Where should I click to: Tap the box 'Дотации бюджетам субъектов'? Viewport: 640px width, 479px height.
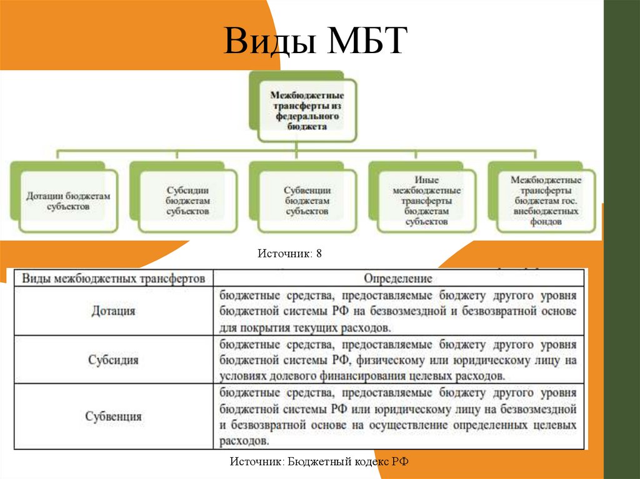pyautogui.click(x=68, y=200)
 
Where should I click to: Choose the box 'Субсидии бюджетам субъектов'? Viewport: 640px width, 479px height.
pyautogui.click(x=187, y=200)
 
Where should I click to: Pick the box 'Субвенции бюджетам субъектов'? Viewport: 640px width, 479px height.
pyautogui.click(x=307, y=200)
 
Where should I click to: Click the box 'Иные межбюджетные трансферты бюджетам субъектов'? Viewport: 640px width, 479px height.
pyautogui.click(x=426, y=200)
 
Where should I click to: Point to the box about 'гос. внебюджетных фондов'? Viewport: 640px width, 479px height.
pyautogui.click(x=546, y=200)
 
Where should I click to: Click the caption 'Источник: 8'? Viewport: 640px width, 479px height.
pyautogui.click(x=289, y=254)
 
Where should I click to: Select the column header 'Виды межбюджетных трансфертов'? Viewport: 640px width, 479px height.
pyautogui.click(x=113, y=278)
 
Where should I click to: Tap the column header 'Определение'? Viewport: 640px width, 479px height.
pyautogui.click(x=397, y=278)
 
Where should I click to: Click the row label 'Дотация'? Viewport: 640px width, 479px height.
pyautogui.click(x=113, y=310)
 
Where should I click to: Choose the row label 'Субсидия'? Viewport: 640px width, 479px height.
pyautogui.click(x=113, y=360)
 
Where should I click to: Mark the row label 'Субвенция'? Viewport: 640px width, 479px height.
pyautogui.click(x=113, y=416)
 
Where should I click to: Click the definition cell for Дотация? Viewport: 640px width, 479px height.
pyautogui.click(x=397, y=310)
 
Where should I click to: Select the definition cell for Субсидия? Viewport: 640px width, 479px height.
pyautogui.click(x=397, y=360)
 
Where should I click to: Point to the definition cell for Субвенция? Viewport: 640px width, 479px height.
pyautogui.click(x=397, y=417)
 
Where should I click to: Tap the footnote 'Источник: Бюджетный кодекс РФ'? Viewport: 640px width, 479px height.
pyautogui.click(x=319, y=462)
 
